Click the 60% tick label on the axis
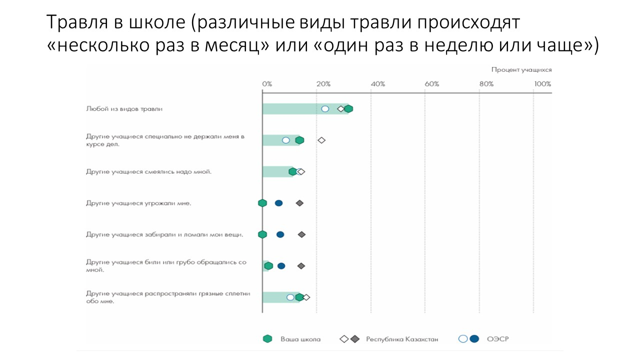pyautogui.click(x=431, y=84)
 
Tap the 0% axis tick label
pyautogui.click(x=267, y=84)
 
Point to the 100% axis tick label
pyautogui.click(x=542, y=84)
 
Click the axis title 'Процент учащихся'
pyautogui.click(x=521, y=70)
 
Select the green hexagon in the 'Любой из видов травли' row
pyautogui.click(x=348, y=109)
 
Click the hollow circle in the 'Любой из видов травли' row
pyautogui.click(x=325, y=109)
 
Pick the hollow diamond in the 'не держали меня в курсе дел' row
pyautogui.click(x=321, y=140)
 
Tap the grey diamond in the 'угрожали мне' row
pyautogui.click(x=299, y=203)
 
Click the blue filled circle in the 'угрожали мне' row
pyautogui.click(x=278, y=203)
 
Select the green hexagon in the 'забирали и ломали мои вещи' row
pyautogui.click(x=262, y=234)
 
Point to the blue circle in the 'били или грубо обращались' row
pyautogui.click(x=281, y=266)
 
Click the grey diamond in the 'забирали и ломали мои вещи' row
pyautogui.click(x=301, y=234)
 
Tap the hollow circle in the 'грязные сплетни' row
pyautogui.click(x=290, y=297)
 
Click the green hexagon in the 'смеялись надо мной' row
pyautogui.click(x=293, y=172)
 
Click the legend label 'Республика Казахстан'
pyautogui.click(x=402, y=339)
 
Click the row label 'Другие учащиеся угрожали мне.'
pyautogui.click(x=138, y=203)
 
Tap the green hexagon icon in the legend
pyautogui.click(x=267, y=339)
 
